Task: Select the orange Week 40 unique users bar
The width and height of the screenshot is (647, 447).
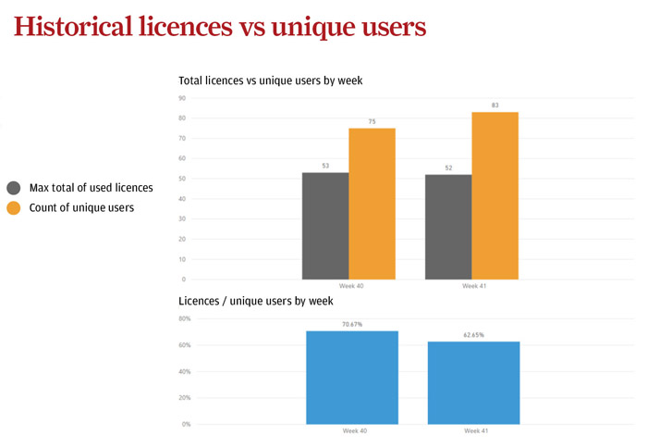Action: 372,204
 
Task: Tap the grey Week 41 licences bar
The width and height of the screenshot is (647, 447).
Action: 448,227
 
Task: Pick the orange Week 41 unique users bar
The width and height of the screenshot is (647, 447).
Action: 494,195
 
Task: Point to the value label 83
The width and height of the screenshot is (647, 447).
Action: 495,106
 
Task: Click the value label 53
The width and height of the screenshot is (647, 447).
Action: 325,166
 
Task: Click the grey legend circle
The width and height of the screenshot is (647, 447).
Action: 14,188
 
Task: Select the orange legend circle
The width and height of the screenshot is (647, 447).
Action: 14,208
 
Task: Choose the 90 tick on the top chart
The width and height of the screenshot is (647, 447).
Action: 182,98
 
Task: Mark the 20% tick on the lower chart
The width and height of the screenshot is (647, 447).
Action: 184,398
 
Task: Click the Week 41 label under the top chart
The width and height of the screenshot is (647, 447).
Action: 475,287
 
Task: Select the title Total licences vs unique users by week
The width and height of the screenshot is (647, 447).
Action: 270,81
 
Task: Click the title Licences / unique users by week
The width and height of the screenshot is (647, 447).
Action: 255,301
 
